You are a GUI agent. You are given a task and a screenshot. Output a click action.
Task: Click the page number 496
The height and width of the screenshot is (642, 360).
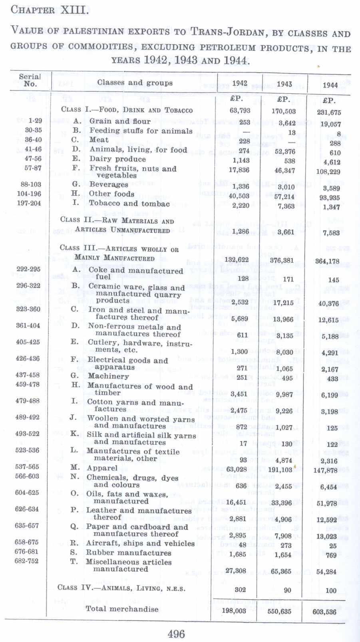(x=176, y=634)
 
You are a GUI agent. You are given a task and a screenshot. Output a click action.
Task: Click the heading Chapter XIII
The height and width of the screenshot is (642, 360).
(x=50, y=10)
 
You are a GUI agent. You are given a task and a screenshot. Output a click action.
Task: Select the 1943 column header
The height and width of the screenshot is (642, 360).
(x=284, y=84)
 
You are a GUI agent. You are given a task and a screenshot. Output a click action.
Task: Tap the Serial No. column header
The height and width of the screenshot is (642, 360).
(x=30, y=80)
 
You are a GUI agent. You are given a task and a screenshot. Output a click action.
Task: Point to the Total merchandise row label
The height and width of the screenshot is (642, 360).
(x=122, y=609)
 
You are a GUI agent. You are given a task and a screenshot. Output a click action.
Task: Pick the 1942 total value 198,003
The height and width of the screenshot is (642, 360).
(x=234, y=610)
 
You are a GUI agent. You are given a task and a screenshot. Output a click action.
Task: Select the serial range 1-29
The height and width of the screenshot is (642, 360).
(x=35, y=121)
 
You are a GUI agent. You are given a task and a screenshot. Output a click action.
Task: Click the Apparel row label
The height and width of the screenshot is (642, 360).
(x=102, y=468)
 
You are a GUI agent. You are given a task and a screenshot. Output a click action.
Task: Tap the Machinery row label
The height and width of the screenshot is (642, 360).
(x=108, y=376)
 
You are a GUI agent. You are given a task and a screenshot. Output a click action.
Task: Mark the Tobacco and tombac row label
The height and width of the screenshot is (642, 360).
(x=129, y=204)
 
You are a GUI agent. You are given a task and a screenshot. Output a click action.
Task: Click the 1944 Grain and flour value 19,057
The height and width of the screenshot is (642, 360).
(x=330, y=124)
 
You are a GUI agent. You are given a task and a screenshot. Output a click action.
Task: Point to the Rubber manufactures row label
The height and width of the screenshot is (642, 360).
(x=128, y=553)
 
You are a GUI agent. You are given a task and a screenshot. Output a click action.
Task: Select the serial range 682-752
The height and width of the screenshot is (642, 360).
(x=27, y=561)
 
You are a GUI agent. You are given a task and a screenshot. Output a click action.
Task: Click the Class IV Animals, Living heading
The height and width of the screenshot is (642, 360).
(x=121, y=588)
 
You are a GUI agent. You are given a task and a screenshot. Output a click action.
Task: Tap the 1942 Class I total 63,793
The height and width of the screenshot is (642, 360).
(x=240, y=110)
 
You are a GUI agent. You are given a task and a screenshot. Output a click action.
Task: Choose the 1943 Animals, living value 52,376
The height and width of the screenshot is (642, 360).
(x=285, y=151)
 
